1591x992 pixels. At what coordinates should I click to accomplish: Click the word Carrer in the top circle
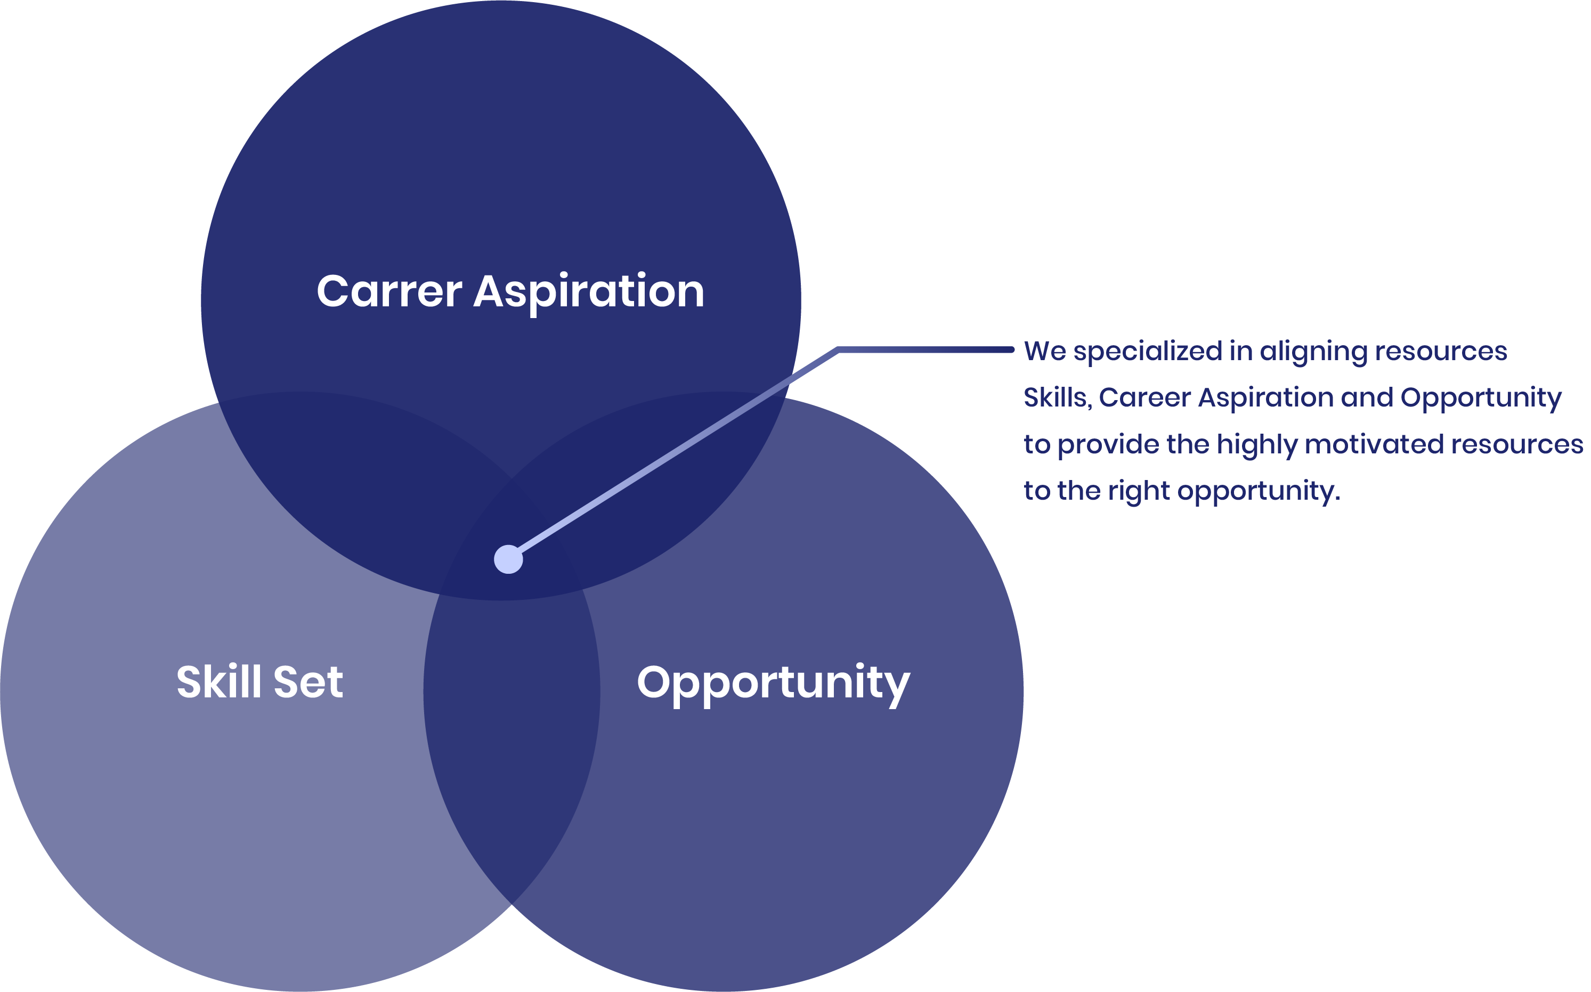[x=389, y=291]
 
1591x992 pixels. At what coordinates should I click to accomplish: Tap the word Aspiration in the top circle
[x=589, y=292]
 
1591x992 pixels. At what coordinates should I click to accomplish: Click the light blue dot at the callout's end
[x=508, y=559]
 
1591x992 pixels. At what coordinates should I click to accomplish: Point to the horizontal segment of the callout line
[x=925, y=349]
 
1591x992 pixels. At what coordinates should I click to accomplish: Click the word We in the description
[x=1044, y=352]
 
